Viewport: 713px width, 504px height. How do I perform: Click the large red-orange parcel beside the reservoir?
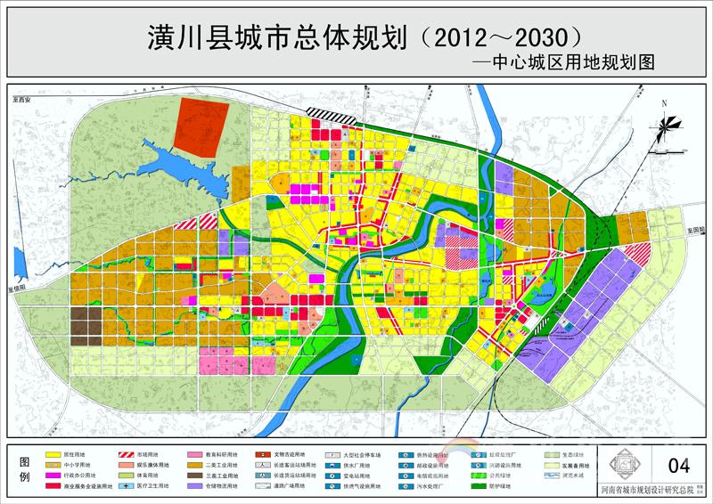(x=201, y=125)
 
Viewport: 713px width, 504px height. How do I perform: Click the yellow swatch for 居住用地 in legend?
(x=52, y=454)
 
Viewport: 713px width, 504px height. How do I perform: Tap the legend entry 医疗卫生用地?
(x=147, y=486)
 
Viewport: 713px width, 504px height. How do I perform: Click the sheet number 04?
(x=679, y=465)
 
